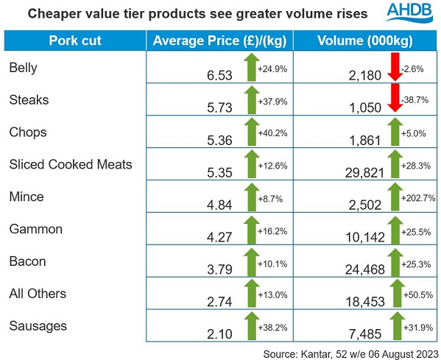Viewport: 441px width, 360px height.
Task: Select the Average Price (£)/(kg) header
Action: pyautogui.click(x=218, y=39)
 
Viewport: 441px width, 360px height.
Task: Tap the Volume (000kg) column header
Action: pyautogui.click(x=364, y=39)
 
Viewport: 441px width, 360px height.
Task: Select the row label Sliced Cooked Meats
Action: pyautogui.click(x=71, y=163)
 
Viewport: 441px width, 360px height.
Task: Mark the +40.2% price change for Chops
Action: pyautogui.click(x=272, y=133)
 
